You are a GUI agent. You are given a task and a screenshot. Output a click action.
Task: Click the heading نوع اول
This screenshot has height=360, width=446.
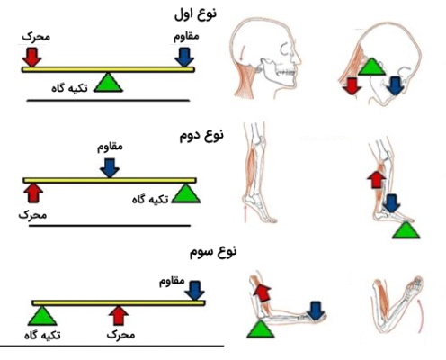pyautogui.click(x=195, y=14)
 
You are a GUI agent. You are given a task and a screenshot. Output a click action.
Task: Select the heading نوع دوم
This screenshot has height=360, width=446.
pyautogui.click(x=201, y=135)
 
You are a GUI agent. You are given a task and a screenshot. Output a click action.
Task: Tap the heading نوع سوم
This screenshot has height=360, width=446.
pyautogui.click(x=213, y=251)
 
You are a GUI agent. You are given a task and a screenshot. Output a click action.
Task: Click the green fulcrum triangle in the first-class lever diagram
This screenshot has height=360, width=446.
pyautogui.click(x=108, y=83)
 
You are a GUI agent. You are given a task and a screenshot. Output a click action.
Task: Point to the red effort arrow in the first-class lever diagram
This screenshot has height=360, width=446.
pyautogui.click(x=31, y=58)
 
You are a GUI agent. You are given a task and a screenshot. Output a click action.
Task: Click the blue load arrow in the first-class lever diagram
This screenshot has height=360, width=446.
pyautogui.click(x=184, y=58)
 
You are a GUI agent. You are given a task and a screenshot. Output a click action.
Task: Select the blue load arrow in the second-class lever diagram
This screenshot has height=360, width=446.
pyautogui.click(x=110, y=168)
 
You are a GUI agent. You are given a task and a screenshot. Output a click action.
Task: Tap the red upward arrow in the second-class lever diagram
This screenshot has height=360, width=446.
pyautogui.click(x=33, y=193)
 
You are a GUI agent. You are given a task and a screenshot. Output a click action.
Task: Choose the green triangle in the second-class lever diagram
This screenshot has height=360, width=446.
pyautogui.click(x=186, y=193)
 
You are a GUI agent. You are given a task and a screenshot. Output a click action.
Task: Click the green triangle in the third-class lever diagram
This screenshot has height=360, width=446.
pyautogui.click(x=42, y=316)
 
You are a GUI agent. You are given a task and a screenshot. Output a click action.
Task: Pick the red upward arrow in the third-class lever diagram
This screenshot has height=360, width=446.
pyautogui.click(x=119, y=316)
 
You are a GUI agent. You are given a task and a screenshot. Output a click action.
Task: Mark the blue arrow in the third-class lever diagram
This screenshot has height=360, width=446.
pyautogui.click(x=194, y=291)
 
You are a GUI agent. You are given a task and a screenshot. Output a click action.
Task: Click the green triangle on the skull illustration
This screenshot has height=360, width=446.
pyautogui.click(x=372, y=67)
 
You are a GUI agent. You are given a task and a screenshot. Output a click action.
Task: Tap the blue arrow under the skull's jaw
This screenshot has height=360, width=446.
pyautogui.click(x=396, y=86)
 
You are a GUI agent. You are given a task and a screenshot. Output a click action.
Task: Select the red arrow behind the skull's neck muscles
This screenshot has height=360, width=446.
pyautogui.click(x=352, y=86)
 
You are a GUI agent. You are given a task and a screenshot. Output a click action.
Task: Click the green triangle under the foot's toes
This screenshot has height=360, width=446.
pyautogui.click(x=406, y=230)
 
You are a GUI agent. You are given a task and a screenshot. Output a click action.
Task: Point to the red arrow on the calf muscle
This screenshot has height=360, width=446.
pyautogui.click(x=376, y=179)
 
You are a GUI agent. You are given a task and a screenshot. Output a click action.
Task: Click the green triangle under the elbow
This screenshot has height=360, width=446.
pyautogui.click(x=261, y=329)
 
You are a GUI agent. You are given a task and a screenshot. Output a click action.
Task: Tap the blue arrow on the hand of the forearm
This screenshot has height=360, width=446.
pyautogui.click(x=315, y=310)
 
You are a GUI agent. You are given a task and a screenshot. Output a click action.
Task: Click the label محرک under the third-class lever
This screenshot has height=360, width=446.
pyautogui.click(x=120, y=335)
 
